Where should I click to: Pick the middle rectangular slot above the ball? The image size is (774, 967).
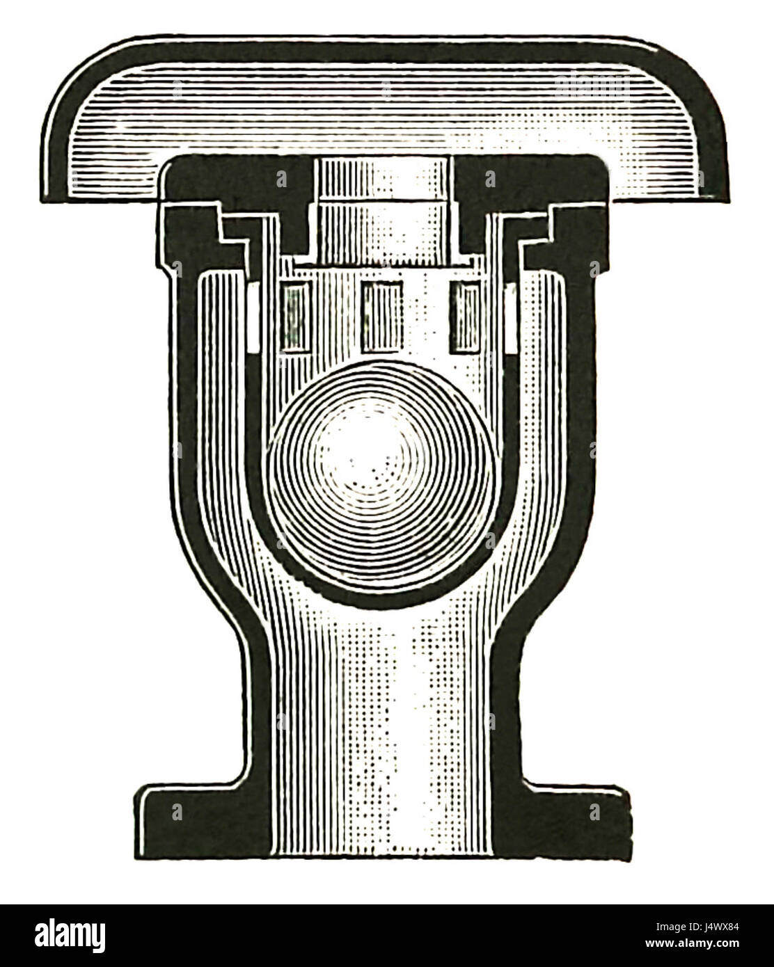382,317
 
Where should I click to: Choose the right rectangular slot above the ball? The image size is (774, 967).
465,317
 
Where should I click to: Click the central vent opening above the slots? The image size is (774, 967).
382,209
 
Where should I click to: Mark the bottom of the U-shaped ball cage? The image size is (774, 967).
382,598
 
